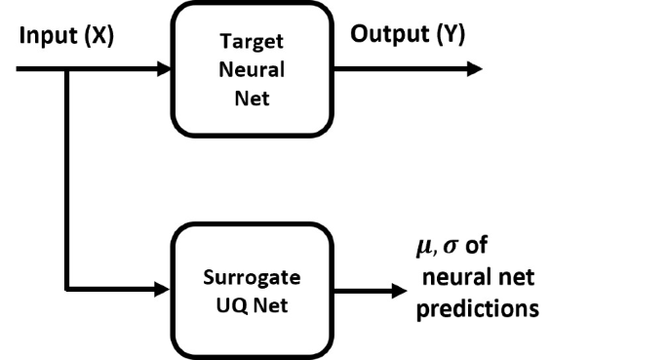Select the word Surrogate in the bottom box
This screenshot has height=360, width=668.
pyautogui.click(x=251, y=276)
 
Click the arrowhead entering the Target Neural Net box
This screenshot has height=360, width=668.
pyautogui.click(x=164, y=69)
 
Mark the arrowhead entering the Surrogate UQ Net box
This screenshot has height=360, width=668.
pyautogui.click(x=164, y=290)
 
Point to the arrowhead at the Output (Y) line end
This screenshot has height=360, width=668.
pyautogui.click(x=474, y=69)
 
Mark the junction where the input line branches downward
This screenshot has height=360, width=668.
pyautogui.click(x=65, y=69)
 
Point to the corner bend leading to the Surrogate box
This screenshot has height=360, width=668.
pyautogui.click(x=65, y=290)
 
